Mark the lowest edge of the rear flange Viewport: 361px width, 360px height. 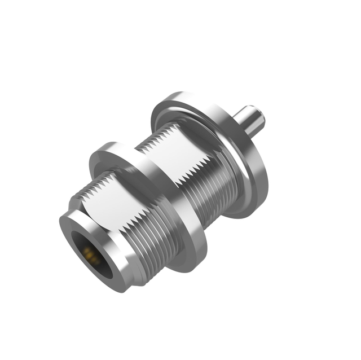coord(240,217)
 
